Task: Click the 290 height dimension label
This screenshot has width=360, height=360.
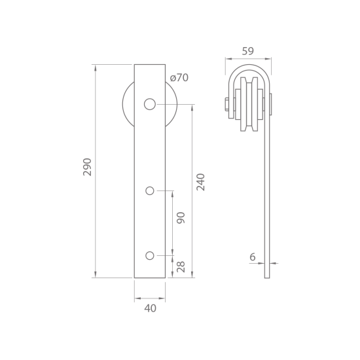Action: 87,167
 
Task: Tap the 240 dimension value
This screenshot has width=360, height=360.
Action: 200,182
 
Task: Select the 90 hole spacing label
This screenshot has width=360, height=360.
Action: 181,218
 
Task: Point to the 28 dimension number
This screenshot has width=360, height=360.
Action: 181,266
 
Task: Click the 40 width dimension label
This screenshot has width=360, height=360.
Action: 150,308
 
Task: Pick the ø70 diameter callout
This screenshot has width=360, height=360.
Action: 179,78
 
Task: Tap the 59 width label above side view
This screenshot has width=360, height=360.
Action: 248,51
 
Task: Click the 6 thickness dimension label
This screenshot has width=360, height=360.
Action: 252,257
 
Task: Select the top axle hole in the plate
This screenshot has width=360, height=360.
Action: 150,104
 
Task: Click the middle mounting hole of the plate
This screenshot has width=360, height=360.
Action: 150,190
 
